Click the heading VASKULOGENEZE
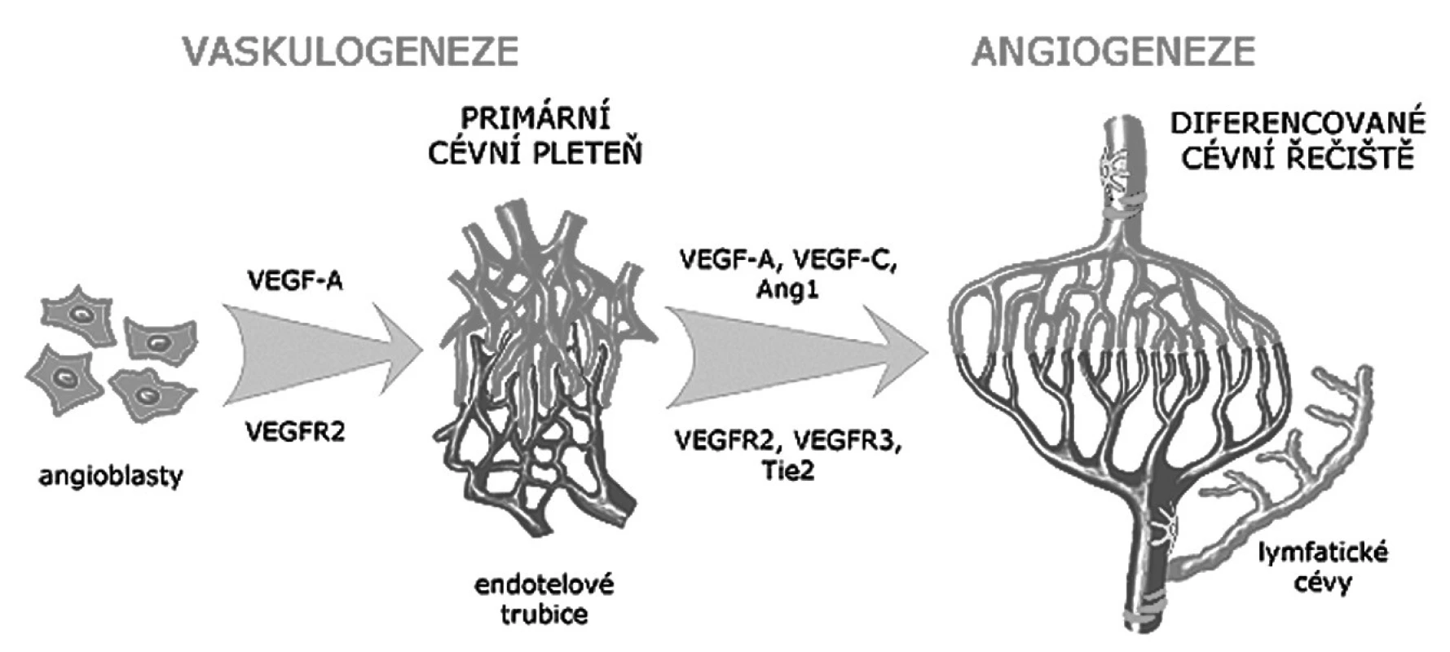(351, 51)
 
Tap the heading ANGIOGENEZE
(1114, 51)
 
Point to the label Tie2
(787, 470)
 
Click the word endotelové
(544, 584)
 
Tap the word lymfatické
(1322, 553)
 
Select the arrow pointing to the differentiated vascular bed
(797, 358)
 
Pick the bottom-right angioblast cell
(151, 394)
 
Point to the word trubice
(544, 613)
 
